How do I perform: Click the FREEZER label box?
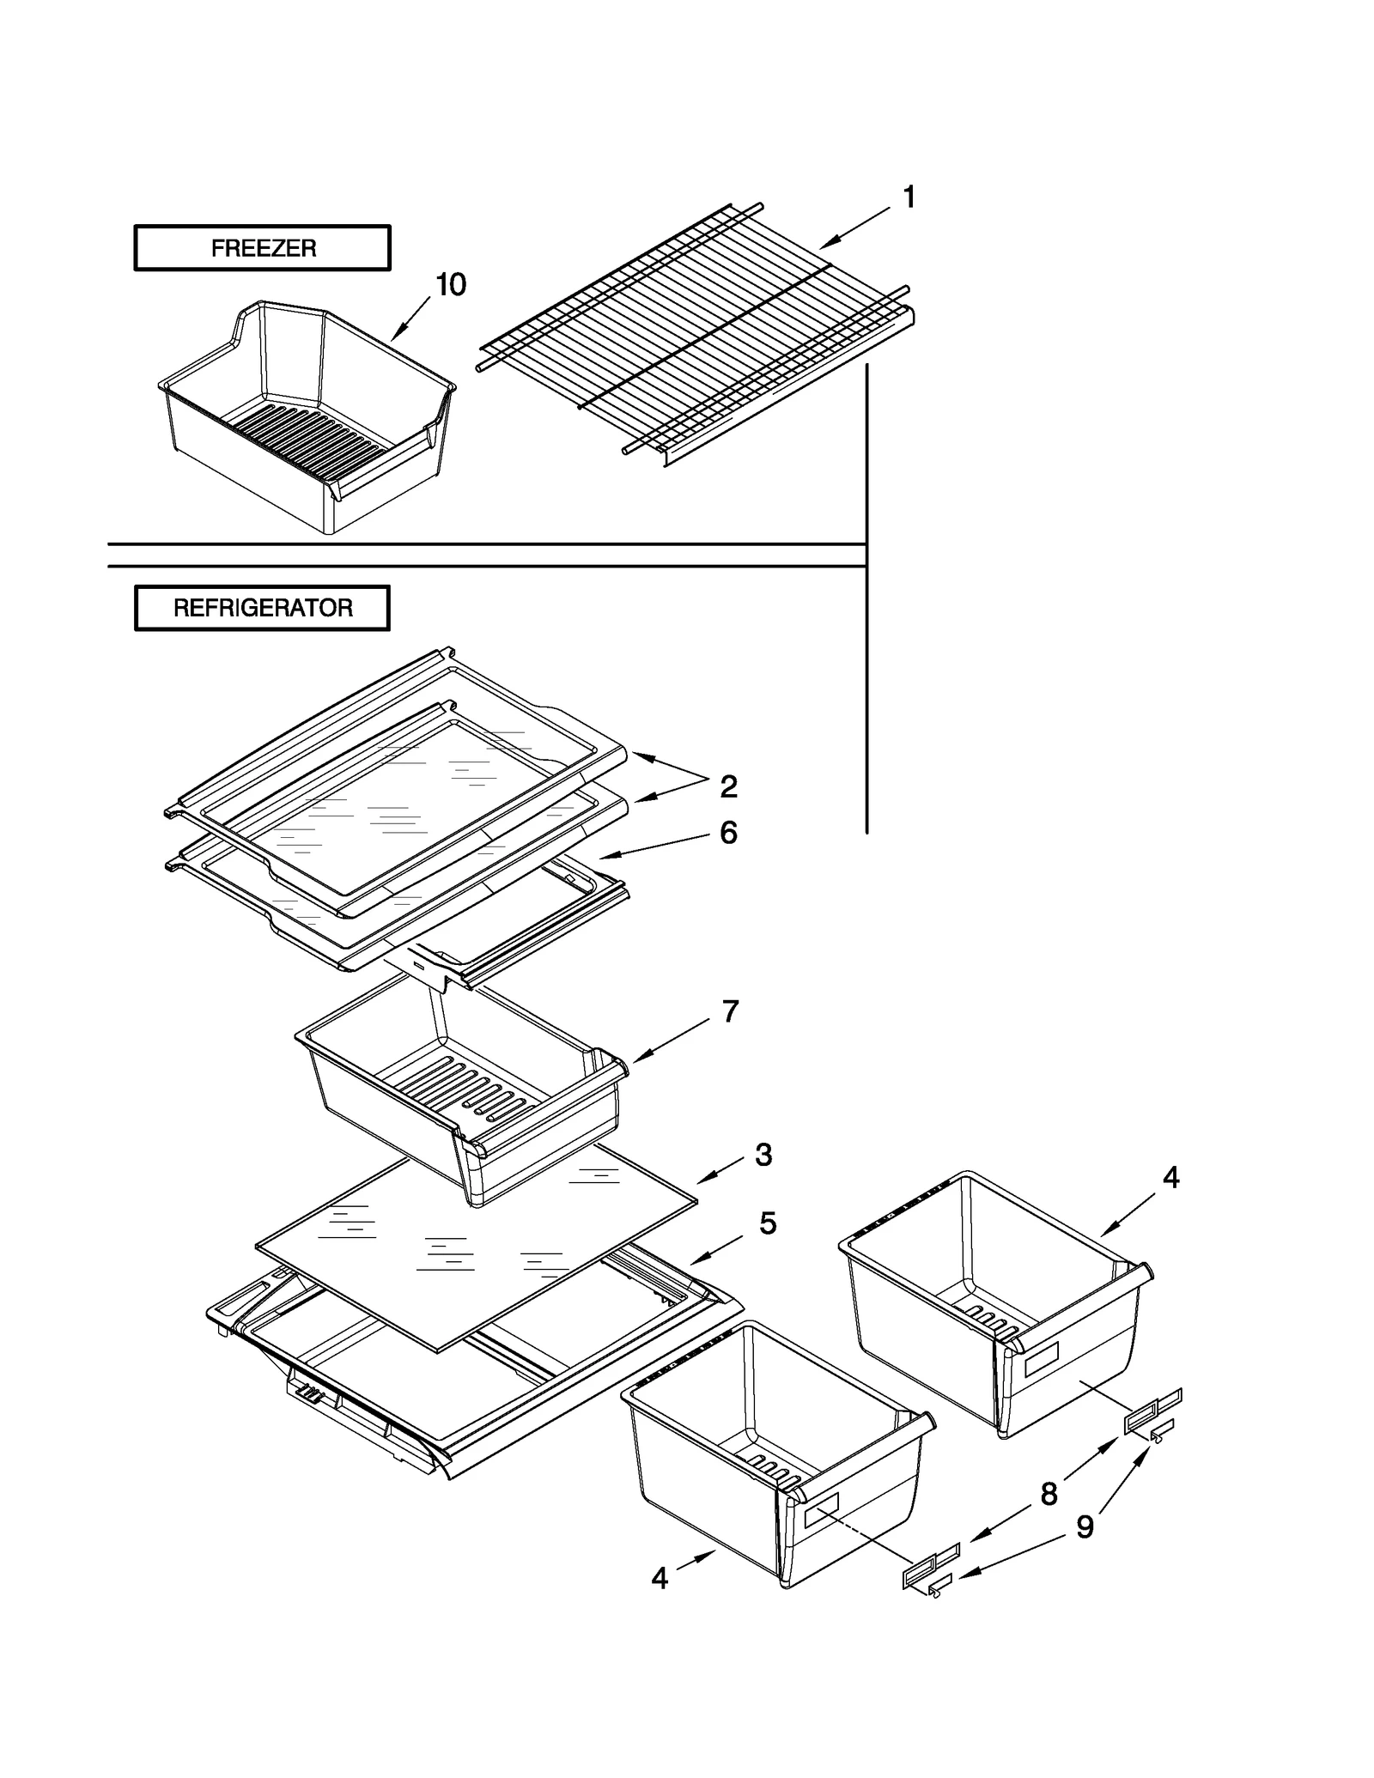262,248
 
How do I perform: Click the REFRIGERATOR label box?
262,608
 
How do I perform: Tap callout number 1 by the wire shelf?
909,198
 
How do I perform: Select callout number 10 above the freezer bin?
451,285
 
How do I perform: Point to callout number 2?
728,786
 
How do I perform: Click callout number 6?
728,833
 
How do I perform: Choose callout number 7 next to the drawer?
730,1011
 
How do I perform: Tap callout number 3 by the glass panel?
763,1155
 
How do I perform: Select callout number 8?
1049,1495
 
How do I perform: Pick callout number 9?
1085,1527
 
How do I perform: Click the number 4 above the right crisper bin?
1170,1177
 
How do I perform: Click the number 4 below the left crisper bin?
660,1578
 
